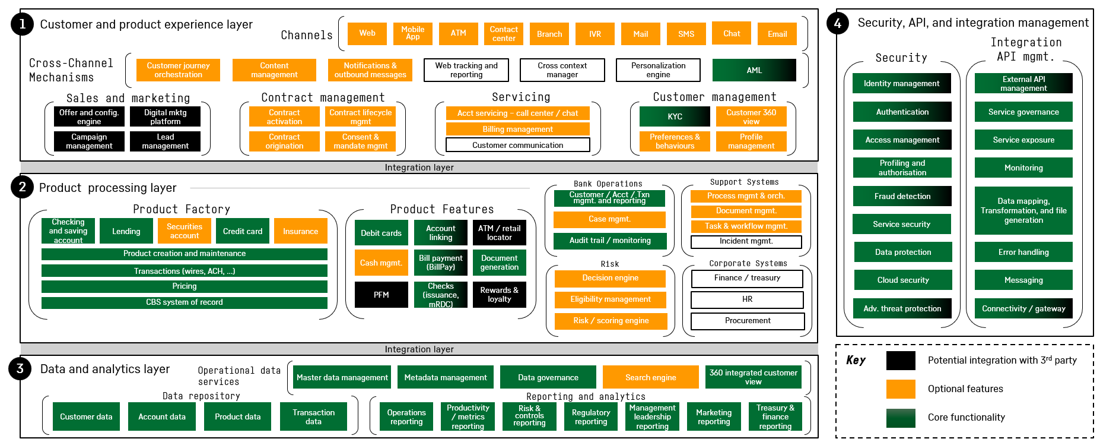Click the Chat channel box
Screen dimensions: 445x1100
732,33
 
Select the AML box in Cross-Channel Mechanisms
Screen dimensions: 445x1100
754,70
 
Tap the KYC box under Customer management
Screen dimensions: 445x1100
675,116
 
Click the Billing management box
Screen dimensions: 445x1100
517,129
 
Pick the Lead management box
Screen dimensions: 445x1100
165,141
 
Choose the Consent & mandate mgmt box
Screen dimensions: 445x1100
360,141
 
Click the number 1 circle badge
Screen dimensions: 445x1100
23,24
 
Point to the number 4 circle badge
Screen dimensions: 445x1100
838,23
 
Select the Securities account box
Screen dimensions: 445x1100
185,231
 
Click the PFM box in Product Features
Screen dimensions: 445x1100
381,295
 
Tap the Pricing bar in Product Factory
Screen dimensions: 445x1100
184,286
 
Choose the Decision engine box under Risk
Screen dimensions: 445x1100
610,278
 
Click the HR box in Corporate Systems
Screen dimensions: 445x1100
747,299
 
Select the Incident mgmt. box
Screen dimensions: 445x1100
746,241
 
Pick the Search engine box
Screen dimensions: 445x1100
650,377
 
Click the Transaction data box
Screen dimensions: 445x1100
313,416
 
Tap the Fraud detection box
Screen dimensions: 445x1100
902,196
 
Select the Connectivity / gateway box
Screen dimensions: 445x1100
1023,308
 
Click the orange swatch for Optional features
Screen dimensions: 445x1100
901,389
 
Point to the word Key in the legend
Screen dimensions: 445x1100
856,360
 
